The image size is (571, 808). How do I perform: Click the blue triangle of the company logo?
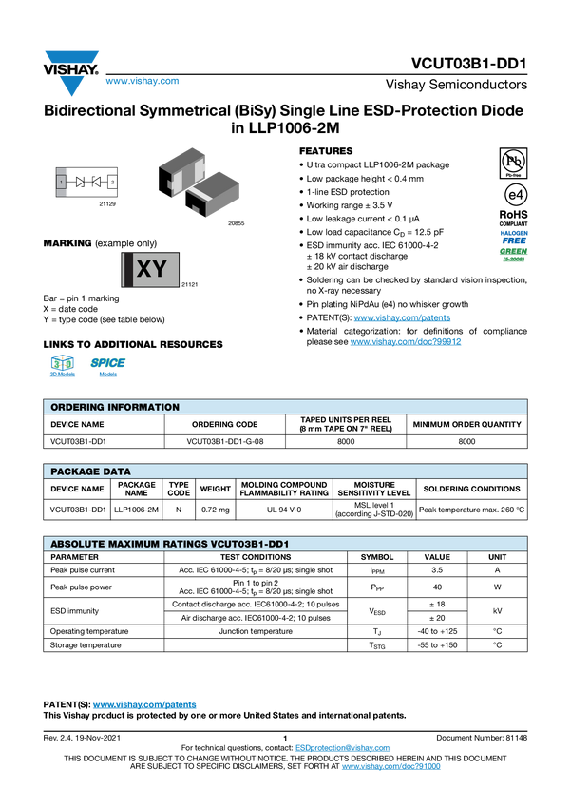tap(71, 86)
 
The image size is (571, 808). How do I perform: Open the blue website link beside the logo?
tap(142, 82)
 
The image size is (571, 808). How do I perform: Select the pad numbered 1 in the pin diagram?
tap(62, 181)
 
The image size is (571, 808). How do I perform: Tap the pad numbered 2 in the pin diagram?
tap(112, 181)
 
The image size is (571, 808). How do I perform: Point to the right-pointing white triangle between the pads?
tap(80, 181)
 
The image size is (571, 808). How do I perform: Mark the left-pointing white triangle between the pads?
tap(97, 181)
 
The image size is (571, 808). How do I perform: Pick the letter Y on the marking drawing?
tap(160, 269)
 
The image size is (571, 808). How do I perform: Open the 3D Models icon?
tap(62, 368)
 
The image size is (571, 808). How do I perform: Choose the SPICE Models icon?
tap(107, 368)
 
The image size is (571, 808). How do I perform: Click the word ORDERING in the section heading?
tap(75, 407)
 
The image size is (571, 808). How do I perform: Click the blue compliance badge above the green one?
tap(514, 235)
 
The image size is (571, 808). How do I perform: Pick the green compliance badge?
tap(514, 254)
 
